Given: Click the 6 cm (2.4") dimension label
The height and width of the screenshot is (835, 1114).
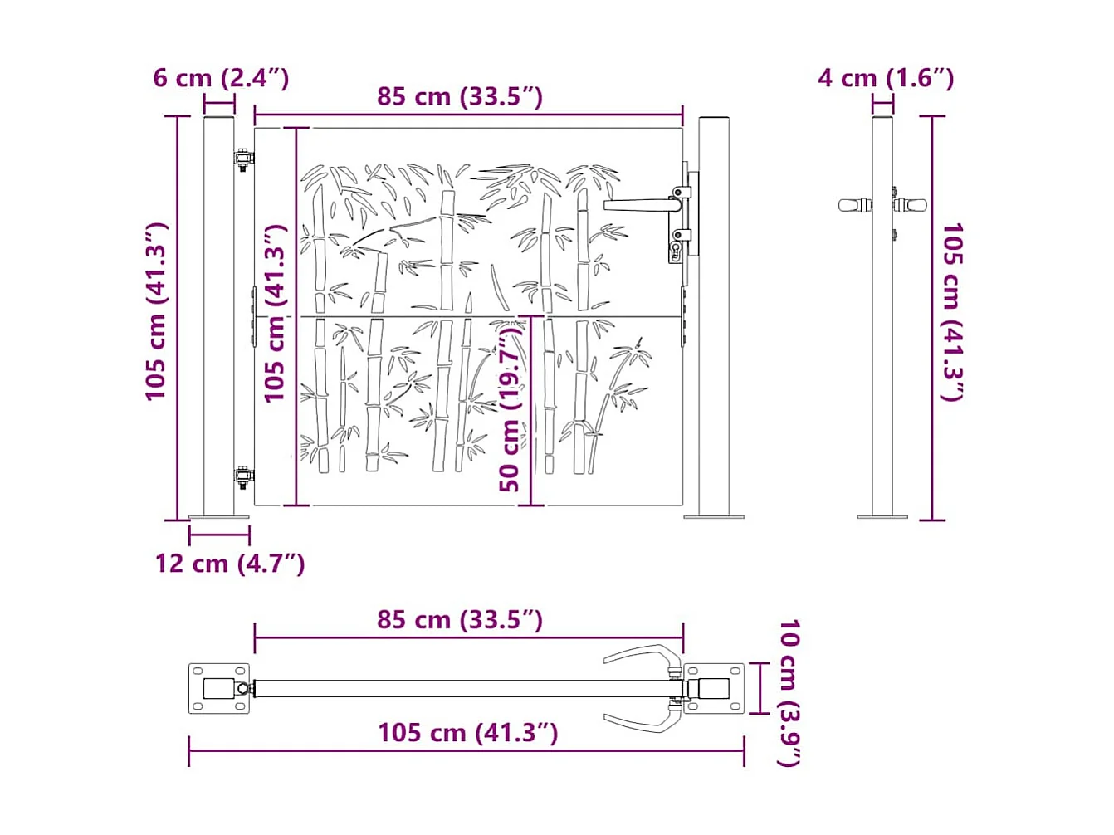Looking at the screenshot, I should (x=221, y=78).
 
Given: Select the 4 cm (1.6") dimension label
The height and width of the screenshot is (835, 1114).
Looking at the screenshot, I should (x=885, y=78).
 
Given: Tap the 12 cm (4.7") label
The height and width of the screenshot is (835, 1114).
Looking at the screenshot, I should (x=230, y=564).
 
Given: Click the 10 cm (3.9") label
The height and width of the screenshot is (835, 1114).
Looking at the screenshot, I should (x=789, y=692).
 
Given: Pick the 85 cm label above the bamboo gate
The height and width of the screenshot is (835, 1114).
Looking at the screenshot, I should (x=460, y=96).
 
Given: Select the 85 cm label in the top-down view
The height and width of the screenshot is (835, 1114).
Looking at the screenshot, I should (x=460, y=620).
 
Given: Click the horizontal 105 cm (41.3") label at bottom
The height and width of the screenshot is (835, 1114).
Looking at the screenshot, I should (x=467, y=733).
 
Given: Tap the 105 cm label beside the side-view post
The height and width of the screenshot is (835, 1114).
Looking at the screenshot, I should (x=951, y=311).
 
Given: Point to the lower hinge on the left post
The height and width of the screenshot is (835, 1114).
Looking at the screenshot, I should (x=242, y=477).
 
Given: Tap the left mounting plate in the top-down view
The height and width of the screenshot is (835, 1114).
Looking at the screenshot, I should (x=219, y=689).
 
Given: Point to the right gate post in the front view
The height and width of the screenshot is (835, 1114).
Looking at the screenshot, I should (x=714, y=315).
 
